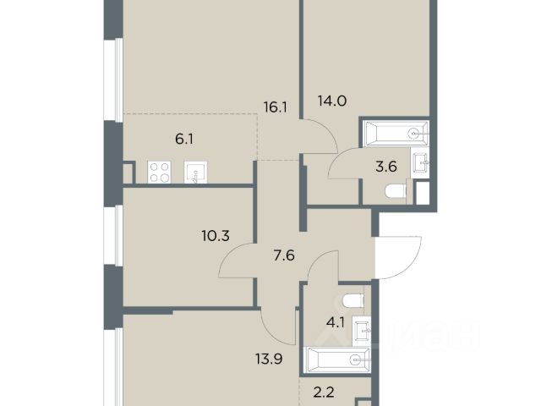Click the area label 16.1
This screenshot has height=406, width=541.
pos(276,107)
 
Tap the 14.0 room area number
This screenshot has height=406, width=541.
pos(332,101)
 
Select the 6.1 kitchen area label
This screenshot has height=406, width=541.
pos(184,140)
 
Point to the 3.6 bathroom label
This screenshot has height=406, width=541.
pos(386,167)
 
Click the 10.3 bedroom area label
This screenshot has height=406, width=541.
pos(216,236)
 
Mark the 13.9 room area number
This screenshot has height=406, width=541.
pos(269,359)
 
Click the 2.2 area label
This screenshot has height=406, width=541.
pos(324,392)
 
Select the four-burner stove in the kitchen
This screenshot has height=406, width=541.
pos(159,173)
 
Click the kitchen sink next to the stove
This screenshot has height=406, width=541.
pos(195,173)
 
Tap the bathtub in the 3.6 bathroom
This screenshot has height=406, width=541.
pos(395,133)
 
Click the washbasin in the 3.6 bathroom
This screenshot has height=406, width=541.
pos(420,162)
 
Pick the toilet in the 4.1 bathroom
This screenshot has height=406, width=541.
pos(353,300)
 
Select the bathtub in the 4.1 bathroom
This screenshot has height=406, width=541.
pos(336,359)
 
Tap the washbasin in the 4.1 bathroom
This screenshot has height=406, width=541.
pos(362,331)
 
